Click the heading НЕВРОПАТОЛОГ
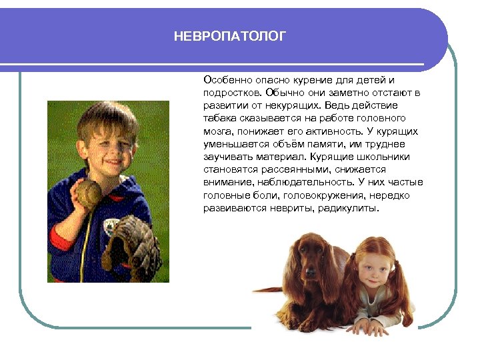(x=229, y=37)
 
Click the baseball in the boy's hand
(x=87, y=193)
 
